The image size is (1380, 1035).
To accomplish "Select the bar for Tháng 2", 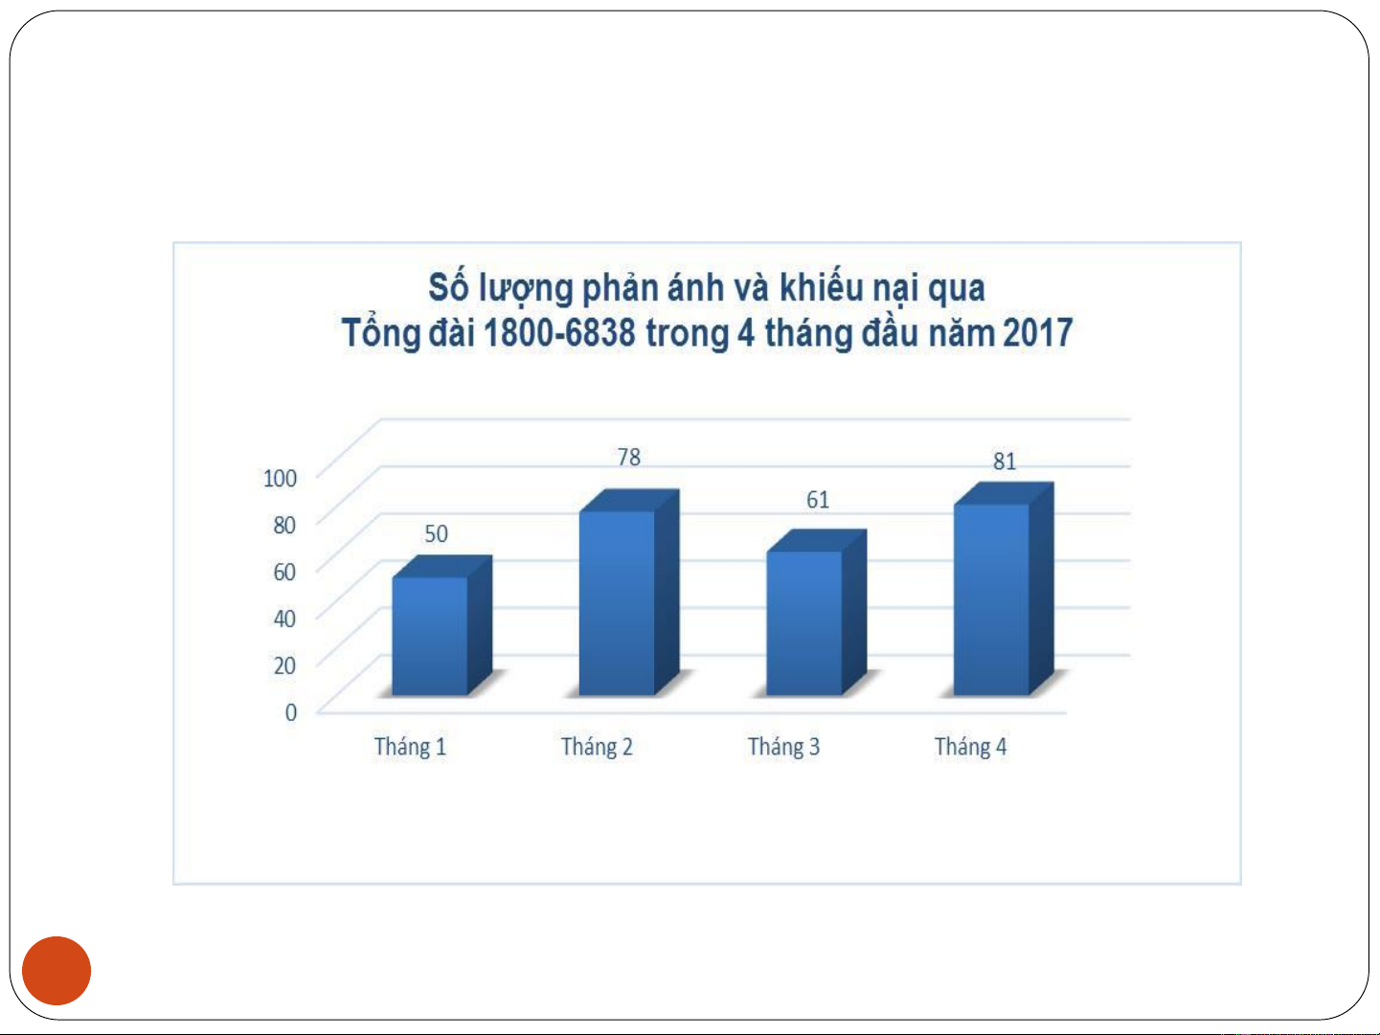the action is click(x=628, y=593).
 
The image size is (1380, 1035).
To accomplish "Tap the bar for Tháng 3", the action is click(x=816, y=613).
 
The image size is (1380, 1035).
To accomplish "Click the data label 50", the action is click(x=436, y=534).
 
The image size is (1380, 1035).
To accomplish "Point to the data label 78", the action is click(x=628, y=458).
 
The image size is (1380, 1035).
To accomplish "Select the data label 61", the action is click(x=817, y=500).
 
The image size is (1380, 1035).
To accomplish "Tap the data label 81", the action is click(x=1004, y=461).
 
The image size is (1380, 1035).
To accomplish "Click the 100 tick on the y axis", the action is click(x=280, y=479).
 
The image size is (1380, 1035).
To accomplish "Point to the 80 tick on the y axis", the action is click(x=284, y=526).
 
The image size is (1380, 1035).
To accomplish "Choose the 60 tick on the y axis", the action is click(x=284, y=573).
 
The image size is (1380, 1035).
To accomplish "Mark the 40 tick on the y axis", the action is click(x=284, y=619).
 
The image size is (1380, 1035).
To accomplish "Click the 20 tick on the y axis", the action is click(x=284, y=665).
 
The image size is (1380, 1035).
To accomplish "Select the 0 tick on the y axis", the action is click(x=290, y=712).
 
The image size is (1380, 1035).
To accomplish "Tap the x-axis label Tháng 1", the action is click(x=410, y=748).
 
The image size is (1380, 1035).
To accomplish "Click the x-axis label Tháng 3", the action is click(x=783, y=748).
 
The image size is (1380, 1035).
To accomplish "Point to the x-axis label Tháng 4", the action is click(x=970, y=748).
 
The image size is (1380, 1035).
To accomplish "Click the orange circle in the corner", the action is click(x=57, y=971).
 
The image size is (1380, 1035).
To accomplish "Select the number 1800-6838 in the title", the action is click(x=559, y=333).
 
